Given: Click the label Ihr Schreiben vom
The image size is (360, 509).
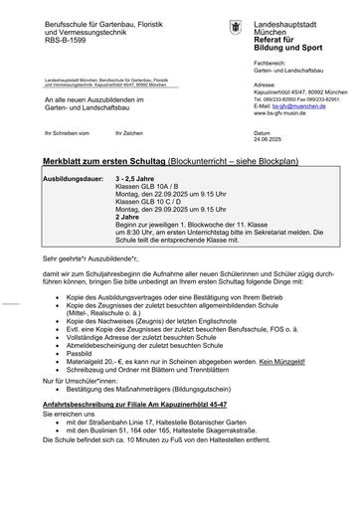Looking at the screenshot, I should click(57, 130).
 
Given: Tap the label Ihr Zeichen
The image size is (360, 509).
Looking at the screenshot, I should click(129, 130).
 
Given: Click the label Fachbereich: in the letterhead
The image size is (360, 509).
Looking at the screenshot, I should click(272, 62).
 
